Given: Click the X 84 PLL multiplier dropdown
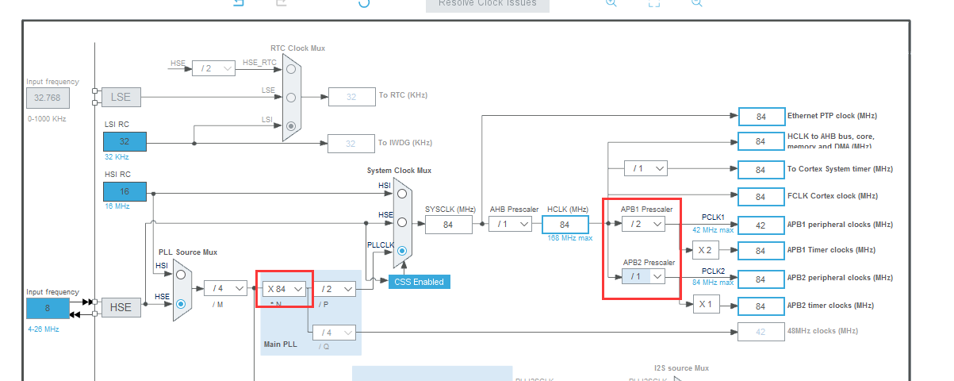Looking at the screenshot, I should click(x=285, y=289).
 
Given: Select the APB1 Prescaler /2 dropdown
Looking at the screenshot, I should click(x=642, y=225).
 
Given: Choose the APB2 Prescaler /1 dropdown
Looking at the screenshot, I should click(x=642, y=276).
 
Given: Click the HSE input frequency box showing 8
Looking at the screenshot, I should click(x=48, y=309).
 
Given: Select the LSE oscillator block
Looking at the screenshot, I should click(x=121, y=98).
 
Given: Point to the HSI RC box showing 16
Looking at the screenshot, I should click(x=125, y=191).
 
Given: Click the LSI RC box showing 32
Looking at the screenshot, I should click(x=125, y=142).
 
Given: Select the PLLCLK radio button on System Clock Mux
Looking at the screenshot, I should click(x=403, y=251).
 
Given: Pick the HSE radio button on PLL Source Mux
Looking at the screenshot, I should click(x=182, y=303).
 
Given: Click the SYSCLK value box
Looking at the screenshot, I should click(x=448, y=225).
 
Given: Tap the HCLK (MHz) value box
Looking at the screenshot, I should click(x=565, y=225).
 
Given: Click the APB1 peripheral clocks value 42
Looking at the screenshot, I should click(x=761, y=225).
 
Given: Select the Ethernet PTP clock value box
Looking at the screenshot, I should click(x=761, y=117).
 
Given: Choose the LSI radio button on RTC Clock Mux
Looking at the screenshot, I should click(x=292, y=125).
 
